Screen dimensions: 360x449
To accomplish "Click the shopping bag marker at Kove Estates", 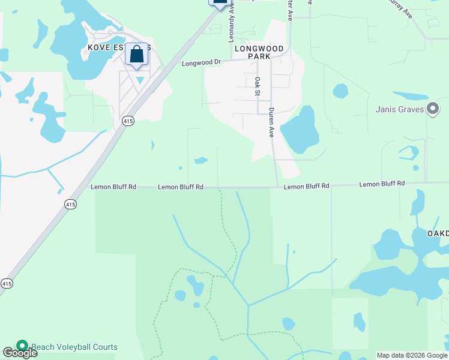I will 137,55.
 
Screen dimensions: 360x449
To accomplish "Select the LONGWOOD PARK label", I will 259,52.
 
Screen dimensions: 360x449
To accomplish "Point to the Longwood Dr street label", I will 202,62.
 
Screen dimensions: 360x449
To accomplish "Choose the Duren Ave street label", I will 271,122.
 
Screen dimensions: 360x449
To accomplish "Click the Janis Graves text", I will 400,109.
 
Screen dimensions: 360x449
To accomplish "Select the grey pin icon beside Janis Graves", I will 433,109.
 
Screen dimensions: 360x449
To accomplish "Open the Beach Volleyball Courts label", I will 74,347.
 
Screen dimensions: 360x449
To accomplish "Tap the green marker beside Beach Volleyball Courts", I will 22,346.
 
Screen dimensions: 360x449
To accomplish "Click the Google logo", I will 20,353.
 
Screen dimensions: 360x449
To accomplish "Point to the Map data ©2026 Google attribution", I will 412,355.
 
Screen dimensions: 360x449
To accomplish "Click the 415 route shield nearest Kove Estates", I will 128,121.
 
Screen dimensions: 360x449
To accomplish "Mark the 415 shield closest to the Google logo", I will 6,283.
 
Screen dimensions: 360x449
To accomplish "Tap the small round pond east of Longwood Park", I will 340,91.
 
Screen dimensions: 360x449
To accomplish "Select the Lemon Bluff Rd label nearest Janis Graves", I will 382,184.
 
